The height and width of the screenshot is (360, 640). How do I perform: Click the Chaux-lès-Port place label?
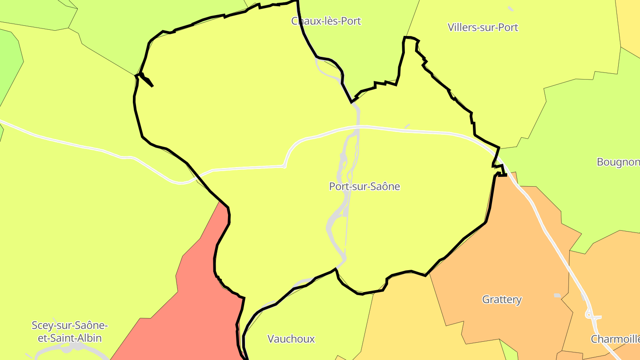326,21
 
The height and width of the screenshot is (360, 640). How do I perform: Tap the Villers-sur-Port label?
483,27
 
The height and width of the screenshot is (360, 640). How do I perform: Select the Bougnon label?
618,162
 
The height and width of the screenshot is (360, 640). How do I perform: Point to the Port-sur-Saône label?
364,187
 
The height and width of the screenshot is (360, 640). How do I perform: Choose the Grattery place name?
502,300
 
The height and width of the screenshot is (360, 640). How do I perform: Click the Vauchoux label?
291,339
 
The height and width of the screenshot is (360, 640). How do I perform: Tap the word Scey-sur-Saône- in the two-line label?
70,325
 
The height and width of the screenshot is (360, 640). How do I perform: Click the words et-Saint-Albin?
70,338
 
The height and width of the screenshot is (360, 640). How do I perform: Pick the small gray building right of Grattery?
557,296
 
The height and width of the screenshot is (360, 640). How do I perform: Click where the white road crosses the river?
358,128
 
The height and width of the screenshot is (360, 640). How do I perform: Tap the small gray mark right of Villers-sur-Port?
511,8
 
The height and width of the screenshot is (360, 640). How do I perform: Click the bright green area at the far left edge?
9,67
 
